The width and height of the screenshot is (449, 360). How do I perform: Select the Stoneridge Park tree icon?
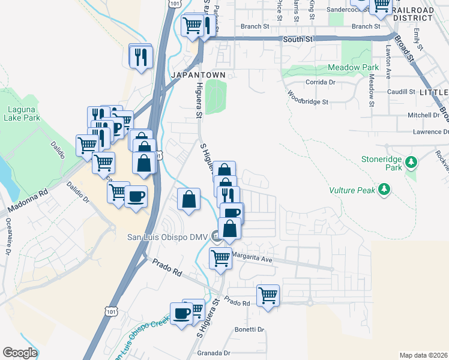(x=411, y=163)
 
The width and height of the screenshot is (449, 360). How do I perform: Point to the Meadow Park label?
(x=353, y=68)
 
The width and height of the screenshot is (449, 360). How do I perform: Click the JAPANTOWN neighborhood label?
(x=199, y=75)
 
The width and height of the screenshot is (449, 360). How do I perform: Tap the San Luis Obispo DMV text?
(x=167, y=236)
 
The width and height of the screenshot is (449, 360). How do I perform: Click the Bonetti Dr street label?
(x=250, y=329)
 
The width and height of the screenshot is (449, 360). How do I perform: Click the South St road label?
(x=298, y=38)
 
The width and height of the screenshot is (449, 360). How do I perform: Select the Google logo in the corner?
(x=20, y=353)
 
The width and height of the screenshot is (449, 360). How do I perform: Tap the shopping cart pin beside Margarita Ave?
(x=220, y=258)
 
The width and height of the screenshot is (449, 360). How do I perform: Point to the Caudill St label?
(x=402, y=92)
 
